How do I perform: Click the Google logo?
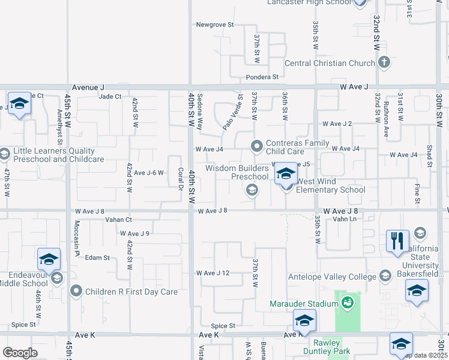click(20, 353)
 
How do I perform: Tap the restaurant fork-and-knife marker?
click(397, 242)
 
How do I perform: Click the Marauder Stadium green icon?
click(348, 304)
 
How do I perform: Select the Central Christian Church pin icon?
click(384, 62)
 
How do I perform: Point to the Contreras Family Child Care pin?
click(257, 146)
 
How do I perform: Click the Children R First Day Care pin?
click(76, 292)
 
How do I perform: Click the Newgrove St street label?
click(214, 25)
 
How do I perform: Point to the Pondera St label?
click(262, 77)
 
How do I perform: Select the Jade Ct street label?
click(110, 96)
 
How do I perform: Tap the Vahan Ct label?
click(118, 220)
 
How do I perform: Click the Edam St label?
click(97, 257)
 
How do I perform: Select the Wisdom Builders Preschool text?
click(237, 172)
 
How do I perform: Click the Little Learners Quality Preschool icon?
click(4, 154)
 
